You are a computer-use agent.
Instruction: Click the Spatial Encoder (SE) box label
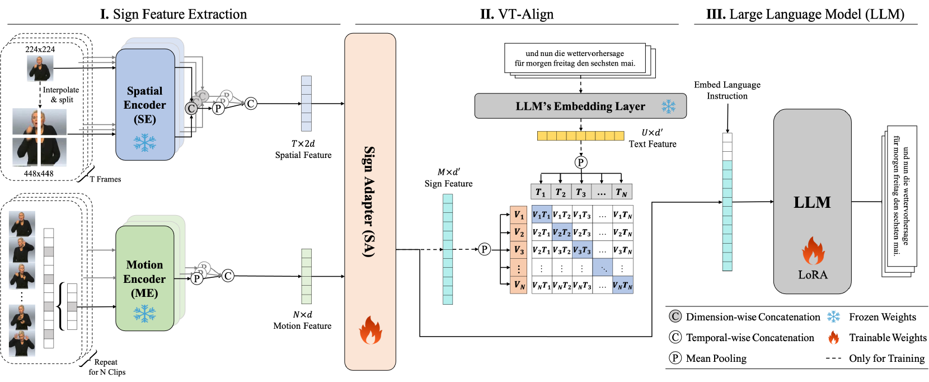[x=144, y=105]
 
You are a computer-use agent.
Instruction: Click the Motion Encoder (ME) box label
[x=144, y=279]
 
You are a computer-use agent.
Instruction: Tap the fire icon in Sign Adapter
[x=370, y=330]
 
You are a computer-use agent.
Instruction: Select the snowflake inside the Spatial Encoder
[x=144, y=143]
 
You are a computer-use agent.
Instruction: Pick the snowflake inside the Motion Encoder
[x=144, y=314]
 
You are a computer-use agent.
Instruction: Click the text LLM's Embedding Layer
[x=580, y=106]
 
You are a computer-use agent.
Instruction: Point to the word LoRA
[x=813, y=275]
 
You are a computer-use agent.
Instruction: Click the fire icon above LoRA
[x=813, y=250]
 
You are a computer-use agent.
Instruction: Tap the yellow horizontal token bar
[x=580, y=136]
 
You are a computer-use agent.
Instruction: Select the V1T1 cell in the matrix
[x=541, y=215]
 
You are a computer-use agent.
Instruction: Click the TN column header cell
[x=622, y=192]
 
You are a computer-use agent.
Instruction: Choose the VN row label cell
[x=519, y=285]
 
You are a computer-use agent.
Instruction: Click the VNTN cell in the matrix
[x=622, y=285]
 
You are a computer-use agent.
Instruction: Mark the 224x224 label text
[x=40, y=49]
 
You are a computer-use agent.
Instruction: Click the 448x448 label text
[x=39, y=174]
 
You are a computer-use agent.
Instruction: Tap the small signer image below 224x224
[x=40, y=68]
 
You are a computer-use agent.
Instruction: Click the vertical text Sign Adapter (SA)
[x=369, y=202]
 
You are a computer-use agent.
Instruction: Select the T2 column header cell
[x=561, y=192]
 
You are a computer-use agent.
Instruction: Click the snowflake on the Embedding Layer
[x=668, y=106]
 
